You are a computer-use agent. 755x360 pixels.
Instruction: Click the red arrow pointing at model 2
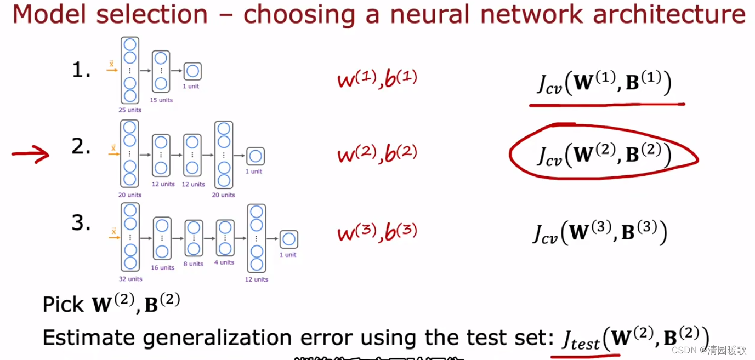pyautogui.click(x=30, y=155)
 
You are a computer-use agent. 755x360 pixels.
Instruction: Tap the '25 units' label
pyautogui.click(x=130, y=110)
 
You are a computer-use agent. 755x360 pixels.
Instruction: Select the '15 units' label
pyautogui.click(x=161, y=100)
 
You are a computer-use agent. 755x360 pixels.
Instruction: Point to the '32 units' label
pyautogui.click(x=130, y=279)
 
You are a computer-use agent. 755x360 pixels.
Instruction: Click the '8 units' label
pyautogui.click(x=194, y=264)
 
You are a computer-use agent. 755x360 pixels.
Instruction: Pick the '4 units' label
pyautogui.click(x=224, y=262)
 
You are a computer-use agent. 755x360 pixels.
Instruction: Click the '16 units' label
pyautogui.click(x=163, y=268)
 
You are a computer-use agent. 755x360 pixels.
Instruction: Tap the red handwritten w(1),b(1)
pyautogui.click(x=377, y=78)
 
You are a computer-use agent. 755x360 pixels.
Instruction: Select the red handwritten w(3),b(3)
pyautogui.click(x=377, y=232)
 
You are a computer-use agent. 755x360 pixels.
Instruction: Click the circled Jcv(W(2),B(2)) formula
pyautogui.click(x=604, y=155)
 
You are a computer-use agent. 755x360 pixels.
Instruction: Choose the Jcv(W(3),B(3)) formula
pyautogui.click(x=600, y=233)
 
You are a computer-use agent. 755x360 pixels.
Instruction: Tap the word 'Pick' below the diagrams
pyautogui.click(x=63, y=304)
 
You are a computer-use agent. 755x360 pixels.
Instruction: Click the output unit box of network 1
pyautogui.click(x=192, y=71)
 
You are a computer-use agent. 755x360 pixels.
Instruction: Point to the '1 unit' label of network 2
pyautogui.click(x=253, y=172)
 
